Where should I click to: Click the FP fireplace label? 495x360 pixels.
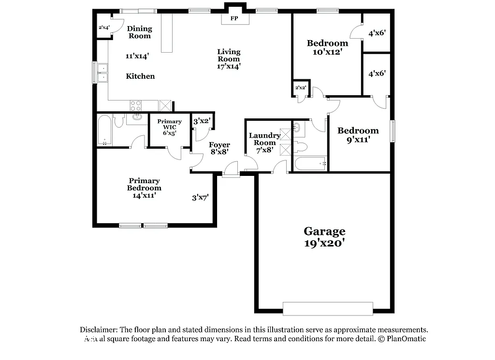[234, 18]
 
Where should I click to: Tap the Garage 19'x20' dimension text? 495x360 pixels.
[324, 243]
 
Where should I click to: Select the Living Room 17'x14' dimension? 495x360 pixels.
[229, 66]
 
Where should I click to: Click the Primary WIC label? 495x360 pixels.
[169, 125]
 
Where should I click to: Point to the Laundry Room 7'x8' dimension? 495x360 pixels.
[265, 150]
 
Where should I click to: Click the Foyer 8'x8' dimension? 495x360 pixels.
[219, 152]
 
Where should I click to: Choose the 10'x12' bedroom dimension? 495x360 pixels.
[327, 52]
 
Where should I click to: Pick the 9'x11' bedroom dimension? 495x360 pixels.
[358, 140]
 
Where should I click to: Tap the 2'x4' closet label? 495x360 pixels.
[104, 28]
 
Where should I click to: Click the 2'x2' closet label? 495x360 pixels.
[300, 87]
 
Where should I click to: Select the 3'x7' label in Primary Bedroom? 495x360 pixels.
[200, 197]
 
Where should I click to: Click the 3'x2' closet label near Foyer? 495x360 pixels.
[201, 121]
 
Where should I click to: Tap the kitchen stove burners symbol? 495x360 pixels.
[136, 105]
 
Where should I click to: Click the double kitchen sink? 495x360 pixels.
[103, 72]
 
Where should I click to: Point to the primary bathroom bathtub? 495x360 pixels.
[105, 130]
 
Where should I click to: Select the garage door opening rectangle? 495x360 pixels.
[328, 308]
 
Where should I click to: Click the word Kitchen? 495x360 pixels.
[140, 76]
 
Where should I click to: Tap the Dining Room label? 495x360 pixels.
[139, 32]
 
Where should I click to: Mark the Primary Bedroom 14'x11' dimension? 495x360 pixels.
[145, 195]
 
